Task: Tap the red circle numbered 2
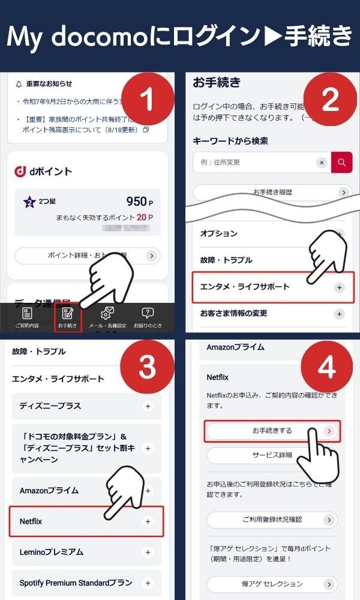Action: coord(331,101)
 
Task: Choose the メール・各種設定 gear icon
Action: coord(107,313)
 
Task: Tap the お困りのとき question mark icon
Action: coord(147,313)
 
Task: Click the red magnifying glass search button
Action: coord(341,163)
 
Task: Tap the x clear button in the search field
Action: coord(322,163)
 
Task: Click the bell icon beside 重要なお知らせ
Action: coord(19,84)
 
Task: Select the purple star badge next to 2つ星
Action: coord(29,202)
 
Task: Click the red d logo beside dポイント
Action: coord(19,172)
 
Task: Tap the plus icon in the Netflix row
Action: coord(148,522)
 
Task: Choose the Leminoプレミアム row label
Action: coord(52,552)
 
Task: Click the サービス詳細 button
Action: coord(272,455)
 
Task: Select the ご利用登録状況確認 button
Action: coord(272,520)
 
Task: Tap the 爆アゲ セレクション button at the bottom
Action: coord(272,584)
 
